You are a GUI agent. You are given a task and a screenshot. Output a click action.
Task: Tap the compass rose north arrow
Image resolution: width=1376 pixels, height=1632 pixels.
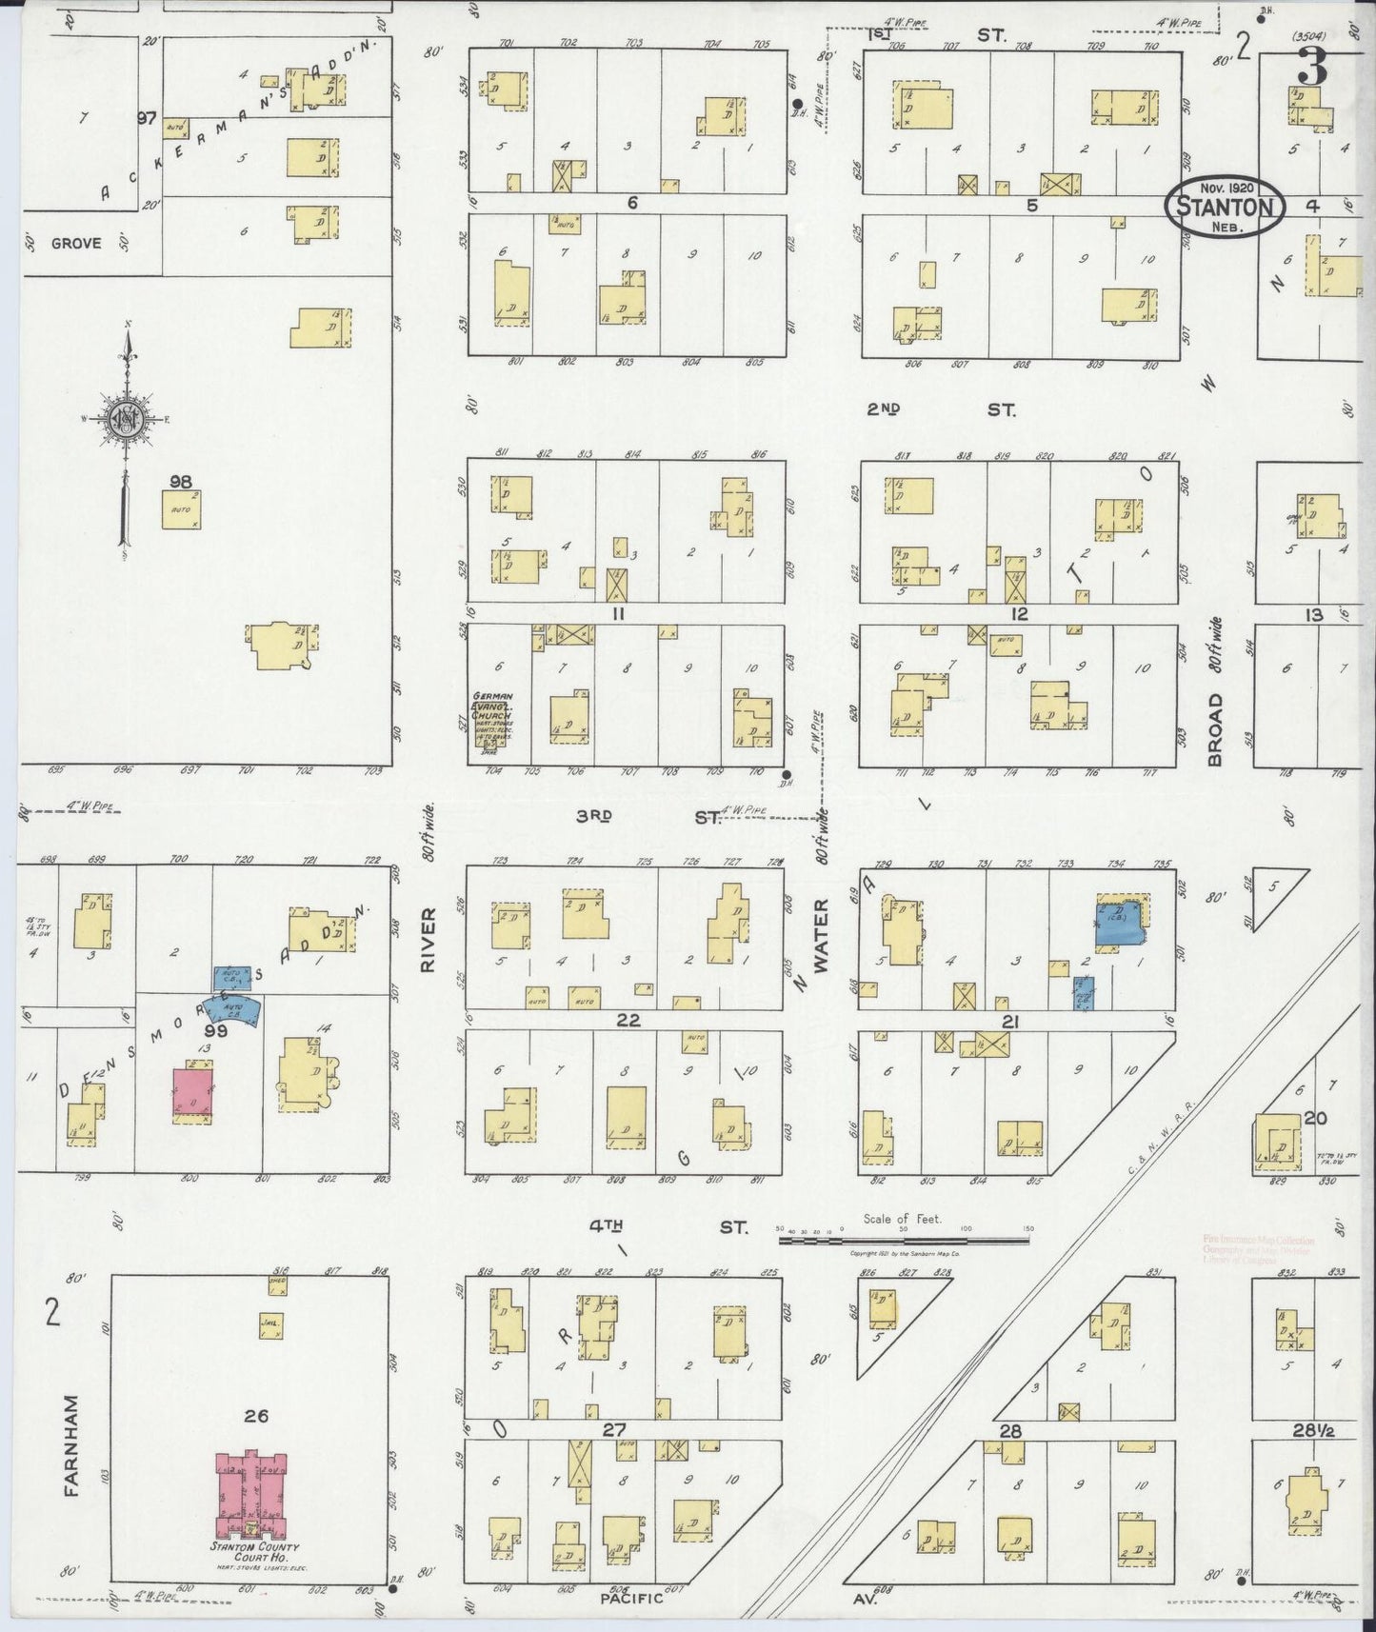pos(125,419)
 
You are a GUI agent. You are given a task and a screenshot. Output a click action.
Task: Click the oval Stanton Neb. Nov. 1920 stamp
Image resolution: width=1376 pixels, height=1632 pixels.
pos(1225,204)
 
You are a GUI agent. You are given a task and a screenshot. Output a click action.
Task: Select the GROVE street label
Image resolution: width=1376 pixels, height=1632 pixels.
pos(76,244)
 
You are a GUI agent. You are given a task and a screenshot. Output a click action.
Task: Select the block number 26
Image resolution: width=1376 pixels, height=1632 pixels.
pos(255,1416)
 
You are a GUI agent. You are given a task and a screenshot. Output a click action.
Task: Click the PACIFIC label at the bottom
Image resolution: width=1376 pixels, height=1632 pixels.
pos(630,1599)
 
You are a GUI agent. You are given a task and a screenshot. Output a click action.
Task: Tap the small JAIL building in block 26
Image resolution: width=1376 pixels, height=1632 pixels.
pos(271,1326)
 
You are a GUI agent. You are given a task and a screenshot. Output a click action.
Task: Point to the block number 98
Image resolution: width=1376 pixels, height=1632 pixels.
pos(181,482)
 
